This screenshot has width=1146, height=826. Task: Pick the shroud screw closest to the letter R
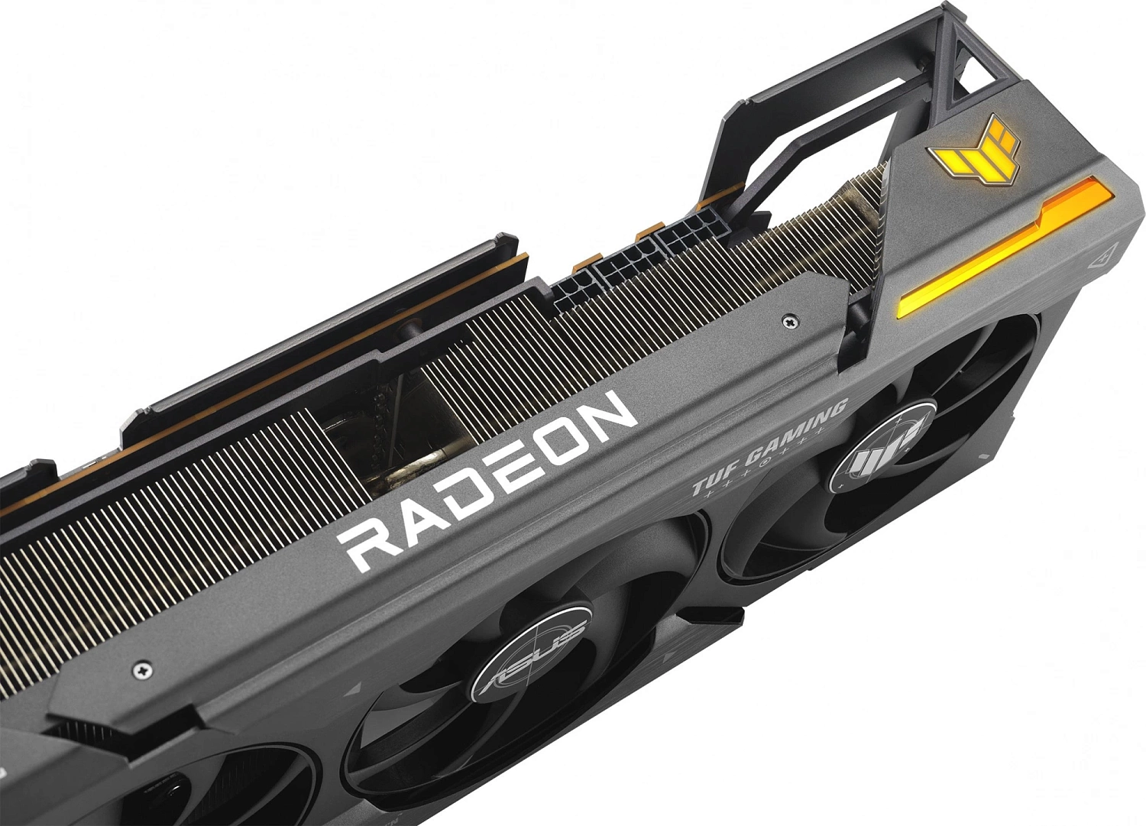coord(142,670)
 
